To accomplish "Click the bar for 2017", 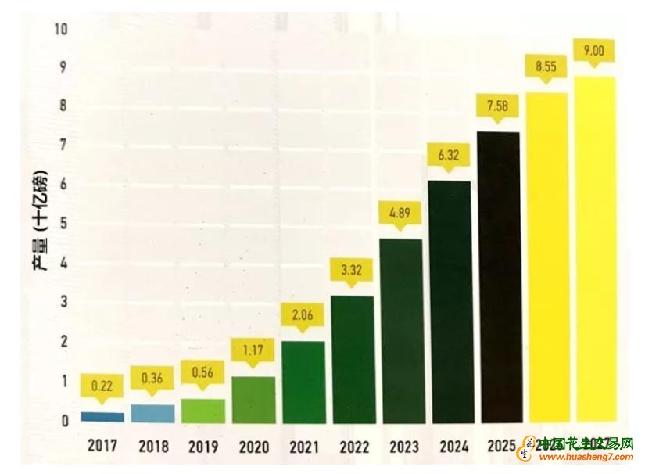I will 102,417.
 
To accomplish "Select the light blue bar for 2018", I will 153,413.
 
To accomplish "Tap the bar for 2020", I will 253,400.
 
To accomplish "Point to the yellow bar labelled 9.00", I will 595,250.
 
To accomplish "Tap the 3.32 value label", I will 350,270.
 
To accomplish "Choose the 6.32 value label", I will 449,155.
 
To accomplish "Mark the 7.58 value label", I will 498,105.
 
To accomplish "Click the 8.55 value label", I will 546,67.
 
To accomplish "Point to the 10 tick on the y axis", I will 62,30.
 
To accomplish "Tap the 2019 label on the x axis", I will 202,447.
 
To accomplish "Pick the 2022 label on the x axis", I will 354,447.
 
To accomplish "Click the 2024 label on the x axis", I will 454,447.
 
